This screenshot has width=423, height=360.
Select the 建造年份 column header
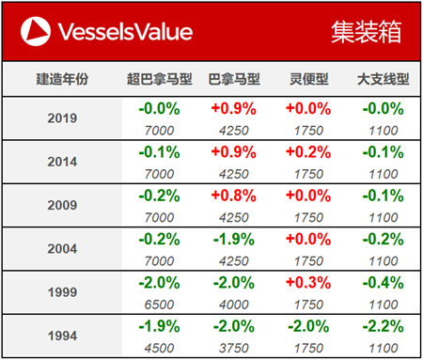pyautogui.click(x=62, y=80)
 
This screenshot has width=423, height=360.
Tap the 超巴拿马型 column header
pyautogui.click(x=159, y=80)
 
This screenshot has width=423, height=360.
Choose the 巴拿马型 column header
pyautogui.click(x=232, y=80)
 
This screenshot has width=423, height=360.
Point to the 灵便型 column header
pyautogui.click(x=307, y=80)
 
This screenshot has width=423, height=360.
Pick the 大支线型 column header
pyautogui.click(x=382, y=80)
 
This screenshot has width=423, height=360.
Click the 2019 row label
pyautogui.click(x=62, y=119)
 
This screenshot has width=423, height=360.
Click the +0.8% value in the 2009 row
pyautogui.click(x=232, y=196)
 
